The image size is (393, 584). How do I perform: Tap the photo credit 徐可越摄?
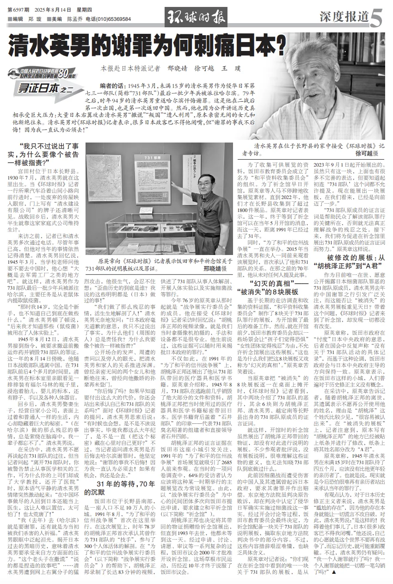coord(366,153)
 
